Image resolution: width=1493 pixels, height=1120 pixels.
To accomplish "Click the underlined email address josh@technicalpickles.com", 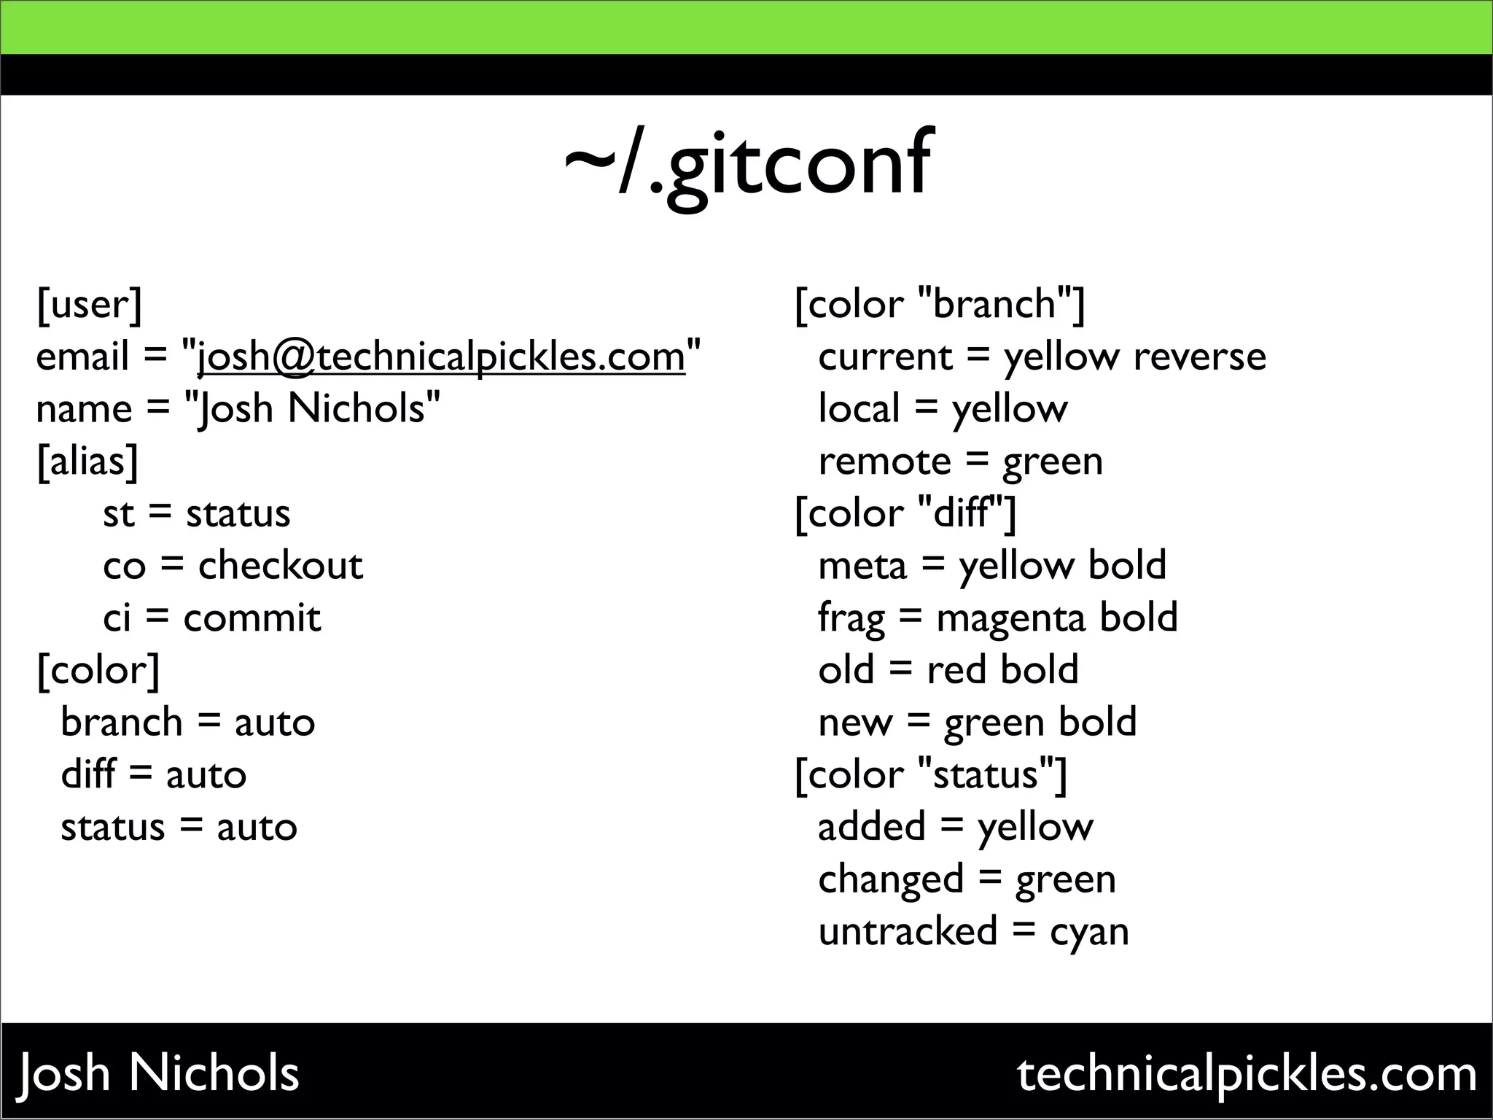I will [x=441, y=357].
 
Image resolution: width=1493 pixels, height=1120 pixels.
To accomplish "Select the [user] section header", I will [x=89, y=304].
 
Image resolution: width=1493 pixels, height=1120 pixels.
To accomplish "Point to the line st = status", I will [x=196, y=513].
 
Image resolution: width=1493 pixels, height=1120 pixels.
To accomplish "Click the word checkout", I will [x=280, y=566].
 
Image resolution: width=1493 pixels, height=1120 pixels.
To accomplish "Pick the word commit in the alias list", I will [x=252, y=618].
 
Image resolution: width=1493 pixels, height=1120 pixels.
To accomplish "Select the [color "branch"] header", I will [x=940, y=304].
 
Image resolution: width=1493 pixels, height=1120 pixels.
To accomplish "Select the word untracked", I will [x=908, y=931].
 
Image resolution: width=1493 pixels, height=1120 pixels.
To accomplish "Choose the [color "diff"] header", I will [x=905, y=513].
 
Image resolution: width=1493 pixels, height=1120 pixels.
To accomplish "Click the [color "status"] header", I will [x=931, y=774].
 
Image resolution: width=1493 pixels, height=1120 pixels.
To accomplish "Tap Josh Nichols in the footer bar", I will [x=158, y=1073].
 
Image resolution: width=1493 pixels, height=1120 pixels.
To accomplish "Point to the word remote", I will [x=884, y=462].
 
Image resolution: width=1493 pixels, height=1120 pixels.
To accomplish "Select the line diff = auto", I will [x=153, y=774].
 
